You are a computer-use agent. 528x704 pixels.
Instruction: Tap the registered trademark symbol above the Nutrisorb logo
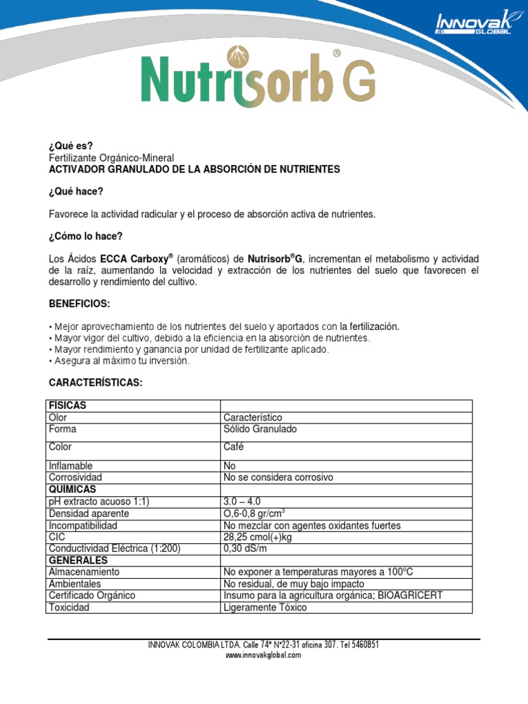[x=337, y=53]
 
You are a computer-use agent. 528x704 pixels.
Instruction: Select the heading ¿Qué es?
[x=70, y=145]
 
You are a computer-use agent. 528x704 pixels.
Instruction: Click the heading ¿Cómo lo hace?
[x=85, y=236]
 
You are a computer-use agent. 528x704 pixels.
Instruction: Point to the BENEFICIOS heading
[x=79, y=304]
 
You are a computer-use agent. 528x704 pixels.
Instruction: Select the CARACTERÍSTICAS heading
[x=95, y=382]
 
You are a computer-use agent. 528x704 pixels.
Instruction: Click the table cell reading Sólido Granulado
[x=260, y=429]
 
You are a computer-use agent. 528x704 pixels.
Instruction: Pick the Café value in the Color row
[x=233, y=447]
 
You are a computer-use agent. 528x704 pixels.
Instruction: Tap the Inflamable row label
[x=70, y=465]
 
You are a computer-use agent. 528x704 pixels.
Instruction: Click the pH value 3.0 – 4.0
[x=242, y=501]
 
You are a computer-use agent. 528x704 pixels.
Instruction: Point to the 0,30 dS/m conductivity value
[x=244, y=548]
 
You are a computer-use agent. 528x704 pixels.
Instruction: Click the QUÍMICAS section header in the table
[x=72, y=489]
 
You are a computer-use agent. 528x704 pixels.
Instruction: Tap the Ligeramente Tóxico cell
[x=265, y=608]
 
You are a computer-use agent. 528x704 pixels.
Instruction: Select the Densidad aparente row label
[x=89, y=514]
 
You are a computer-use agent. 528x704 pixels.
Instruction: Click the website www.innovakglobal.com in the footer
[x=263, y=655]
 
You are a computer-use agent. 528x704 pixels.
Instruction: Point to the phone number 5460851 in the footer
[x=362, y=645]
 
